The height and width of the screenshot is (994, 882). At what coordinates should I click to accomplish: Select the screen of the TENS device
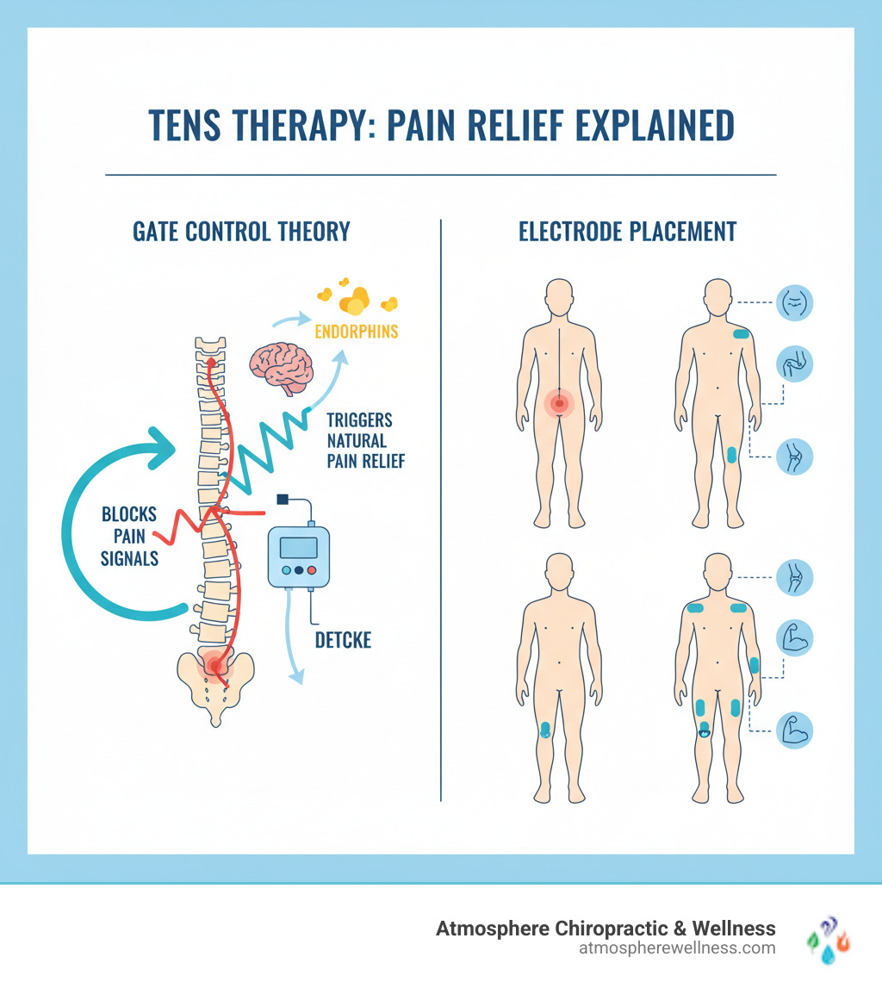(298, 547)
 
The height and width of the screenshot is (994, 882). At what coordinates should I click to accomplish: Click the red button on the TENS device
(312, 570)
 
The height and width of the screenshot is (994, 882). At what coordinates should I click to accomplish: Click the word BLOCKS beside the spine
(129, 514)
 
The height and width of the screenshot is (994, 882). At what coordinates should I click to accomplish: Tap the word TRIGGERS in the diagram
(359, 419)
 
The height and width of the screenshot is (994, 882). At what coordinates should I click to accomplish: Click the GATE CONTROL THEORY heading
(241, 232)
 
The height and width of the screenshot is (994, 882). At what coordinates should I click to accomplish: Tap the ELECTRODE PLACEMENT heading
(628, 232)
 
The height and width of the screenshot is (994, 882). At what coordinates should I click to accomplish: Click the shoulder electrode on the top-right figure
(741, 334)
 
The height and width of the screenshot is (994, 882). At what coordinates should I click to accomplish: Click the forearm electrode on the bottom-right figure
(755, 665)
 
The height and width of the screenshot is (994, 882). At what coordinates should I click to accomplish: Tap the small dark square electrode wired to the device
(282, 499)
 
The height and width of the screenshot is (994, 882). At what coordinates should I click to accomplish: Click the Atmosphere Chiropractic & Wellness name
(606, 928)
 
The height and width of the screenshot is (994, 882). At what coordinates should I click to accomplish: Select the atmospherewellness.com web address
(678, 947)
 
